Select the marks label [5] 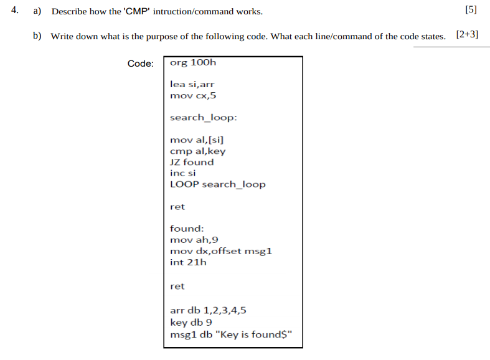471,11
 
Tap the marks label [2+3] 467,35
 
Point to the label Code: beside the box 140,64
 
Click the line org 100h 193,62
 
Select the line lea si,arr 192,84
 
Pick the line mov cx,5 193,95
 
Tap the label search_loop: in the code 203,118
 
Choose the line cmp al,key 197,151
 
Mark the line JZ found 192,163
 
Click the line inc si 182,173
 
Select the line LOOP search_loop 217,184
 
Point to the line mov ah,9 194,240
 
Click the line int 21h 188,262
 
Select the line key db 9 191,323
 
